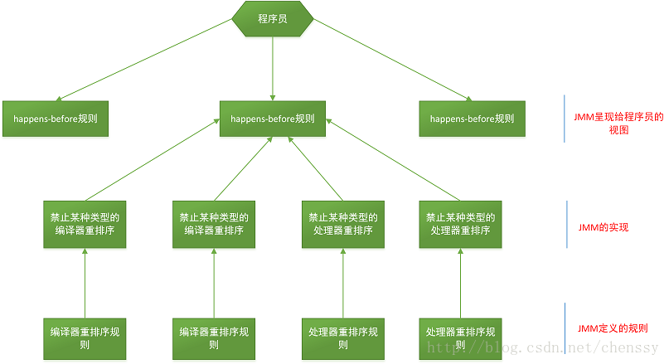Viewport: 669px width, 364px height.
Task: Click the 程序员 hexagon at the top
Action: click(x=273, y=18)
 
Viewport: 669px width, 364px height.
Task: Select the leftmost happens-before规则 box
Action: click(x=55, y=119)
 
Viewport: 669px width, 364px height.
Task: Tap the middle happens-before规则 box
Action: click(x=273, y=119)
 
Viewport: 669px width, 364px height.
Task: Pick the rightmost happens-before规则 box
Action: click(x=472, y=119)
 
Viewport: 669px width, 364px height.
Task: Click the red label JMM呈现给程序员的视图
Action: click(x=618, y=124)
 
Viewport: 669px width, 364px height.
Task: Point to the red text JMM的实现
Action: click(x=603, y=226)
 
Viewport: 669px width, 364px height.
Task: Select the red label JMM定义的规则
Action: click(x=613, y=328)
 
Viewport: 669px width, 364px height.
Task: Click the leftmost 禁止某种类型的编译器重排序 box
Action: click(x=85, y=224)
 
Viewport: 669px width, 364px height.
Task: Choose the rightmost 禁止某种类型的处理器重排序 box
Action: click(x=461, y=224)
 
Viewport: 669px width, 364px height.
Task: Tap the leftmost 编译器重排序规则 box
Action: click(x=85, y=338)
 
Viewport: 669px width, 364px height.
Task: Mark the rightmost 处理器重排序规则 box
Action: click(x=461, y=338)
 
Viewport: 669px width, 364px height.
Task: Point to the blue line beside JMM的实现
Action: click(x=565, y=224)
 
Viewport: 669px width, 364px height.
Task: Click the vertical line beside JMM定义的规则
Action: click(x=565, y=329)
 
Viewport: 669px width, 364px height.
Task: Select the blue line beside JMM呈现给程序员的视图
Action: click(x=565, y=119)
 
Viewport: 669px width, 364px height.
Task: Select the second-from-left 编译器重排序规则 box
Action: click(x=214, y=338)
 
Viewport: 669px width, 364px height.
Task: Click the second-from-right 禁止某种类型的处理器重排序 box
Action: click(x=343, y=224)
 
